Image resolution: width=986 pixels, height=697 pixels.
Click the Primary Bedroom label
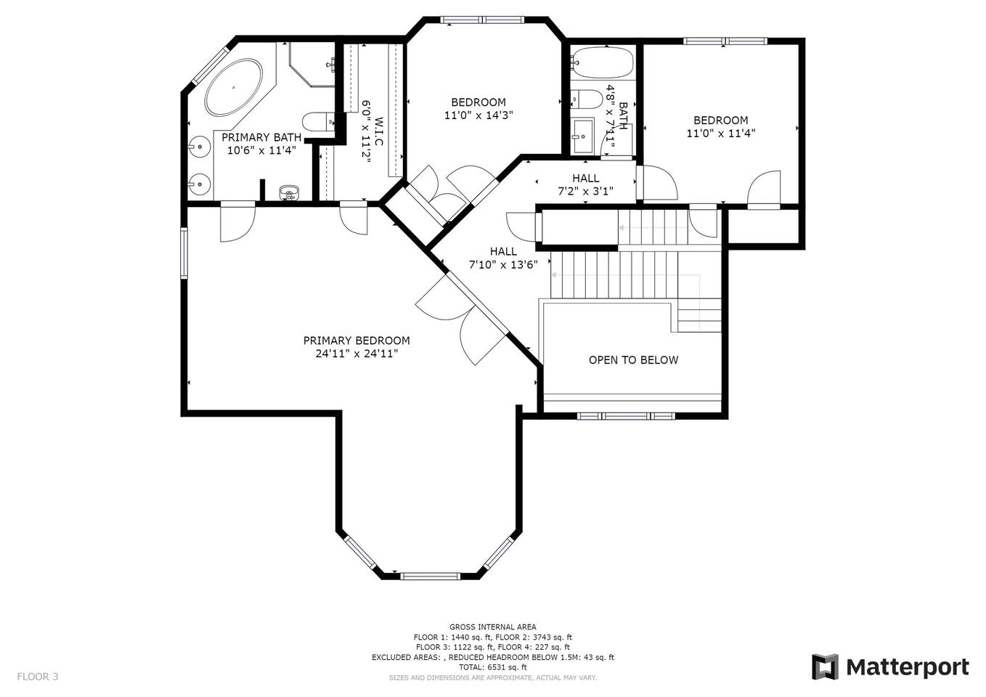tap(356, 341)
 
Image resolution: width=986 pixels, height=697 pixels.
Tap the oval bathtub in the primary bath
tap(234, 89)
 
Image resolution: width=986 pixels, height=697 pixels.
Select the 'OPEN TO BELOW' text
tap(633, 360)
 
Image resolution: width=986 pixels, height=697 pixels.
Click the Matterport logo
tap(890, 667)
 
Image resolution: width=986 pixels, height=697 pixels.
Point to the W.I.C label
tap(378, 131)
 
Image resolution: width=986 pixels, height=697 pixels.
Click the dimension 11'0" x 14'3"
tap(478, 115)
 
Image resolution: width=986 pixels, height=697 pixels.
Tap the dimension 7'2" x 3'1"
tap(585, 191)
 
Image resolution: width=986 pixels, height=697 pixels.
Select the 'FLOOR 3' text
tap(38, 677)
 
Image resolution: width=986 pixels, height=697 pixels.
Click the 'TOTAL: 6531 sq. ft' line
tap(492, 667)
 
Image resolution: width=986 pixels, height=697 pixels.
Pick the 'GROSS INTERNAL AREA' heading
tap(492, 627)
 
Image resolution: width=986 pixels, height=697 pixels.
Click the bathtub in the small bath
tap(602, 63)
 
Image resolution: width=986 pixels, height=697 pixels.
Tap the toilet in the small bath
tap(586, 99)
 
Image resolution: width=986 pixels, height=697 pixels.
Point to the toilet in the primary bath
tap(319, 121)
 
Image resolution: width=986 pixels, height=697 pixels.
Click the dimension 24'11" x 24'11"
tap(356, 354)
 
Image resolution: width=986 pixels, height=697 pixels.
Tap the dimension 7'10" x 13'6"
tap(503, 264)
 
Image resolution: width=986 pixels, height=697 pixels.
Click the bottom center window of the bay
tap(430, 576)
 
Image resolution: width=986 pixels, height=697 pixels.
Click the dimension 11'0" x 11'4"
tap(720, 133)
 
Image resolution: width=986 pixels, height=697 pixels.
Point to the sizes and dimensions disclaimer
tap(492, 678)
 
